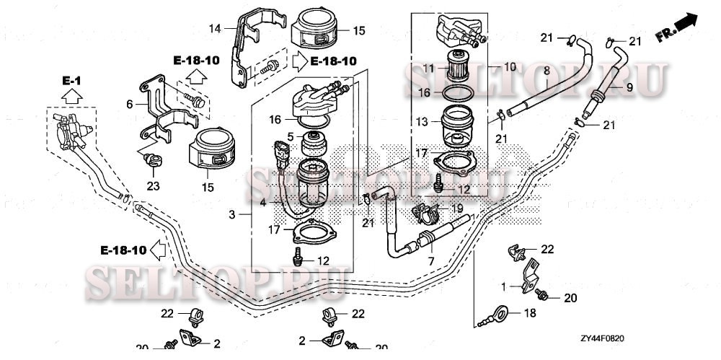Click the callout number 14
[x=213, y=28]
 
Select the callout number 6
[x=130, y=104]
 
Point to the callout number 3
[x=232, y=215]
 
